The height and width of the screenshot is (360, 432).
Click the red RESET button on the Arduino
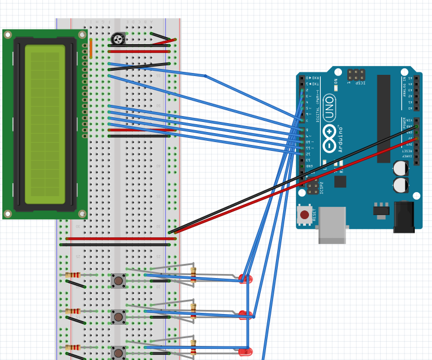point(304,214)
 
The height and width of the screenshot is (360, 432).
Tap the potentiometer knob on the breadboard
point(118,39)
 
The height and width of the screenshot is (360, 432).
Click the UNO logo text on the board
point(329,107)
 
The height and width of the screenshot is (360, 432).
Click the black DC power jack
point(404,217)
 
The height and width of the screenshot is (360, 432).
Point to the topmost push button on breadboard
point(118,280)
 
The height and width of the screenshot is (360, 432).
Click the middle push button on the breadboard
point(118,317)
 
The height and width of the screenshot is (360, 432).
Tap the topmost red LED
point(245,279)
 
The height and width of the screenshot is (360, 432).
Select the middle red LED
point(245,315)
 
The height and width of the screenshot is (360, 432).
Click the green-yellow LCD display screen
point(45,124)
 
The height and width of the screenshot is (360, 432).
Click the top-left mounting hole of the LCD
point(8,35)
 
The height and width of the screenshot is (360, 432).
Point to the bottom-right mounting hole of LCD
point(82,214)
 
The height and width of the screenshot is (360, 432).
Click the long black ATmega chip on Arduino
point(383,118)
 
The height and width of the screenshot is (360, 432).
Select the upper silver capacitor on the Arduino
point(401,169)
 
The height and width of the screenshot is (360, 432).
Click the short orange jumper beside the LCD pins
point(91,48)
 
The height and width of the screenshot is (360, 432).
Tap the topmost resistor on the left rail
point(72,275)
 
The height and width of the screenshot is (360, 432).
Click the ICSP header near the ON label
point(355,75)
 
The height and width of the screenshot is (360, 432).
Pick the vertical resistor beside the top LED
point(193,274)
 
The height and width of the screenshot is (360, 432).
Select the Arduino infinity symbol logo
point(329,137)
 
